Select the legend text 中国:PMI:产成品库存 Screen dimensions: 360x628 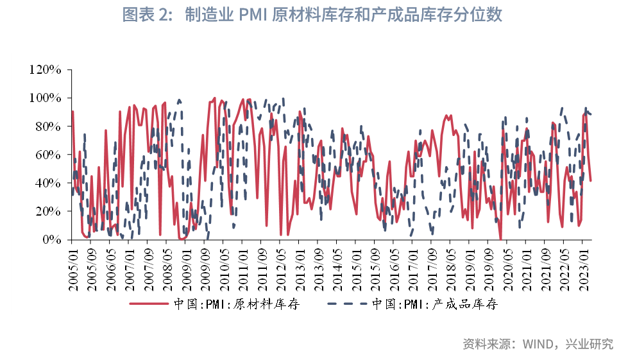[434, 304]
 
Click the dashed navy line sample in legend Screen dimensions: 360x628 [347, 304]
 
